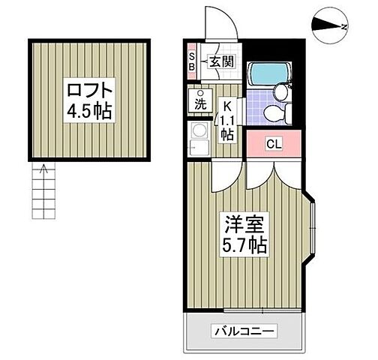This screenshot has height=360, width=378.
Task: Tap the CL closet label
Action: tap(273, 144)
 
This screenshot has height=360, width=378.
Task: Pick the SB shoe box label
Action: tap(192, 61)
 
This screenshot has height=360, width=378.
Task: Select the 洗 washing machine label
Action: tap(200, 103)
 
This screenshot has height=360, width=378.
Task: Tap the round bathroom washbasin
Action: tap(281, 91)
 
